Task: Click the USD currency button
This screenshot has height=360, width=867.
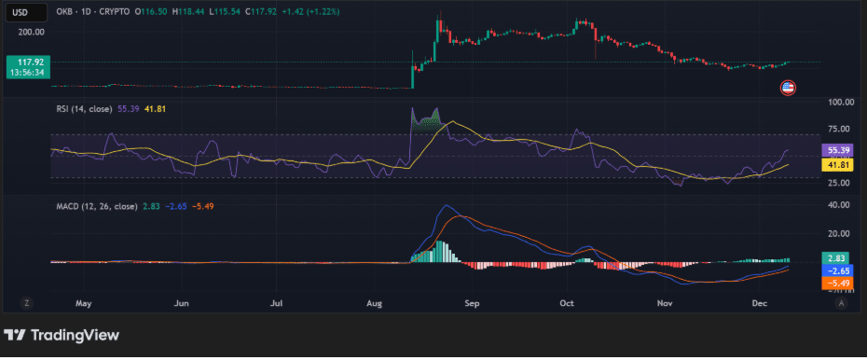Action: click(18, 12)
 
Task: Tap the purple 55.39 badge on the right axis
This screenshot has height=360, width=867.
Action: click(834, 149)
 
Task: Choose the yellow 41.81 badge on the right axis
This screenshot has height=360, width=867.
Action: click(834, 164)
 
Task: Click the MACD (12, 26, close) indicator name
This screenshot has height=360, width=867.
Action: click(93, 205)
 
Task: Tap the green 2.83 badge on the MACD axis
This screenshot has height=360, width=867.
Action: click(834, 256)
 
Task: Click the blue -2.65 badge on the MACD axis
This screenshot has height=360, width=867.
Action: click(834, 270)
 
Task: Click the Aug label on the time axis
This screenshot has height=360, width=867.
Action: click(375, 303)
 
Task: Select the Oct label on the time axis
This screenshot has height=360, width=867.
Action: click(567, 303)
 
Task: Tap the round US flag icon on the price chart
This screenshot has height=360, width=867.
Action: click(788, 88)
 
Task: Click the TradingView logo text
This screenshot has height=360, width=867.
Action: click(75, 335)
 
